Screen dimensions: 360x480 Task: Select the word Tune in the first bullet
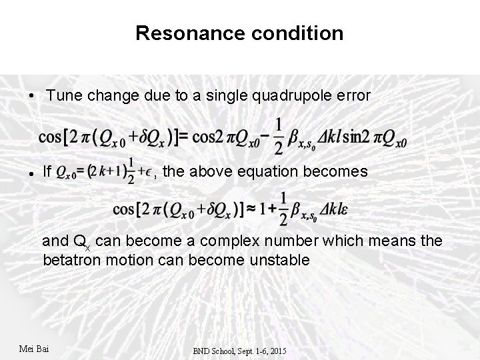coord(65,96)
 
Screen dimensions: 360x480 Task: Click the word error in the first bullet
coord(351,96)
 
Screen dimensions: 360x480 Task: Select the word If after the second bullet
coord(47,171)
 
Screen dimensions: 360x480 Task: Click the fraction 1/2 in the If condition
coord(133,172)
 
